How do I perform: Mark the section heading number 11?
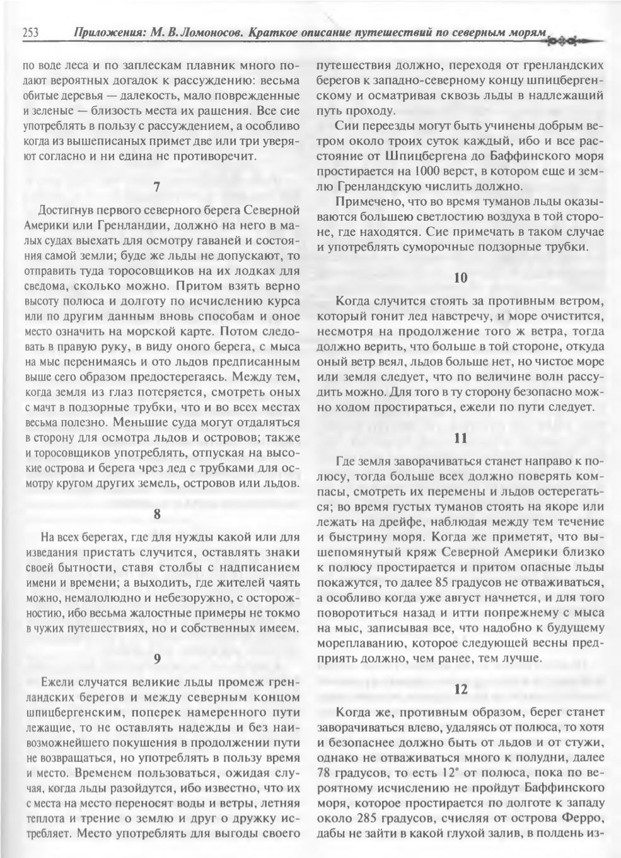point(460,439)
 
